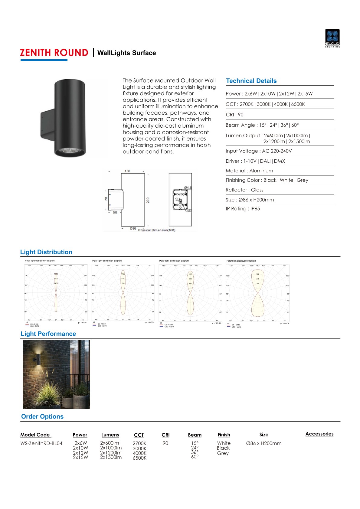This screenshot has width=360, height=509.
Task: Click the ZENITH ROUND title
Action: point(54,53)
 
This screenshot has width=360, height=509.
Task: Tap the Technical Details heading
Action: point(251,81)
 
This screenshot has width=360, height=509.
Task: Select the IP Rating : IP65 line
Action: point(243,209)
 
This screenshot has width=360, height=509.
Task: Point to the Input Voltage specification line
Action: point(259,151)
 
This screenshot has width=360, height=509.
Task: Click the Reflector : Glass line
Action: point(244,190)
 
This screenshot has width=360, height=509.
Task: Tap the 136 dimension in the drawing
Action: point(127,171)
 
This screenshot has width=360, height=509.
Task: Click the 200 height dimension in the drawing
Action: point(148,200)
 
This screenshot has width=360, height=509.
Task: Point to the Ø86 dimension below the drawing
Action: point(133,229)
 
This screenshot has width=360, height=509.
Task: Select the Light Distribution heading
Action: point(46,252)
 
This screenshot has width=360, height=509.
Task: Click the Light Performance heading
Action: point(48,334)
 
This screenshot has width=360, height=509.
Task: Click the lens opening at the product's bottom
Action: point(70,151)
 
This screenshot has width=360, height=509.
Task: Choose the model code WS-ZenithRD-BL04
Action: point(41,443)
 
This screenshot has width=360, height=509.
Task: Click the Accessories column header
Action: point(319,434)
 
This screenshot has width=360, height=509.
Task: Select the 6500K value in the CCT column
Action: point(139,458)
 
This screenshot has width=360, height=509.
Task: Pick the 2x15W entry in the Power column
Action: point(80,457)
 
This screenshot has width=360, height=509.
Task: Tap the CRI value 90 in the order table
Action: point(165,443)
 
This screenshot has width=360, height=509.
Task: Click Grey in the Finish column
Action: point(223,453)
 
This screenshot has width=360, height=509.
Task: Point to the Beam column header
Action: point(195,435)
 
